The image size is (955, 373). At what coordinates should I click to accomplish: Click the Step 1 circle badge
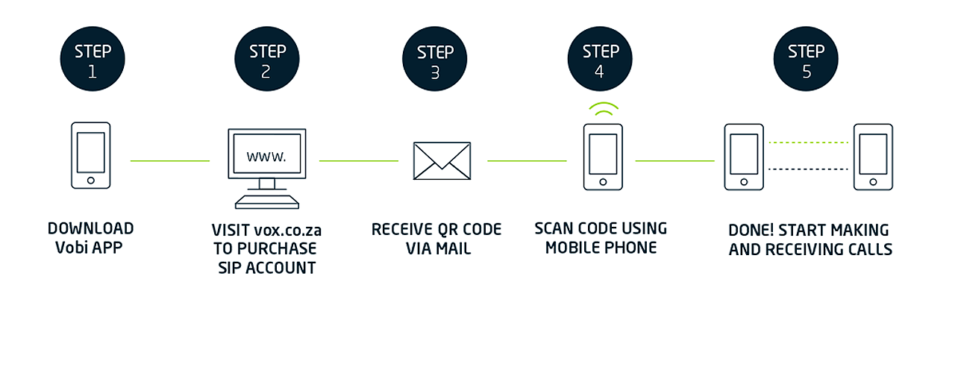point(93,60)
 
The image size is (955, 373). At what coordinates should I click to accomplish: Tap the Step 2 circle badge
point(267,60)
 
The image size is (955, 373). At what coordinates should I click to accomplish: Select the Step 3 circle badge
point(435,61)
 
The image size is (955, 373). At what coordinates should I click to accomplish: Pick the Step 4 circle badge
point(601,60)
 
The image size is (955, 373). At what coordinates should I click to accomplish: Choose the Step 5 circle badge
point(806,60)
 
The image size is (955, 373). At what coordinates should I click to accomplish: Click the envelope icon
point(442,160)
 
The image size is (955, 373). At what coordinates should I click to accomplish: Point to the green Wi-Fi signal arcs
point(603,110)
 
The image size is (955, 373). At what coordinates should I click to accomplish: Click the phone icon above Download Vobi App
point(90,156)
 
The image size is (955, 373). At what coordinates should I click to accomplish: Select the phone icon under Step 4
point(603,157)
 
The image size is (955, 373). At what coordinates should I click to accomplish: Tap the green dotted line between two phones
point(809,142)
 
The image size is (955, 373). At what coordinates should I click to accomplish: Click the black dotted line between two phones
point(809,169)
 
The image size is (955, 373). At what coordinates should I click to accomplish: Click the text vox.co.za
point(287,230)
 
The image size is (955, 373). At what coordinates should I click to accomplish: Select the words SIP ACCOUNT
point(267,268)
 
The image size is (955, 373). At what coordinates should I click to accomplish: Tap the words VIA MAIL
point(438,248)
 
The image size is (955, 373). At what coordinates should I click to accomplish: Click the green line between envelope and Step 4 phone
point(527,160)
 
